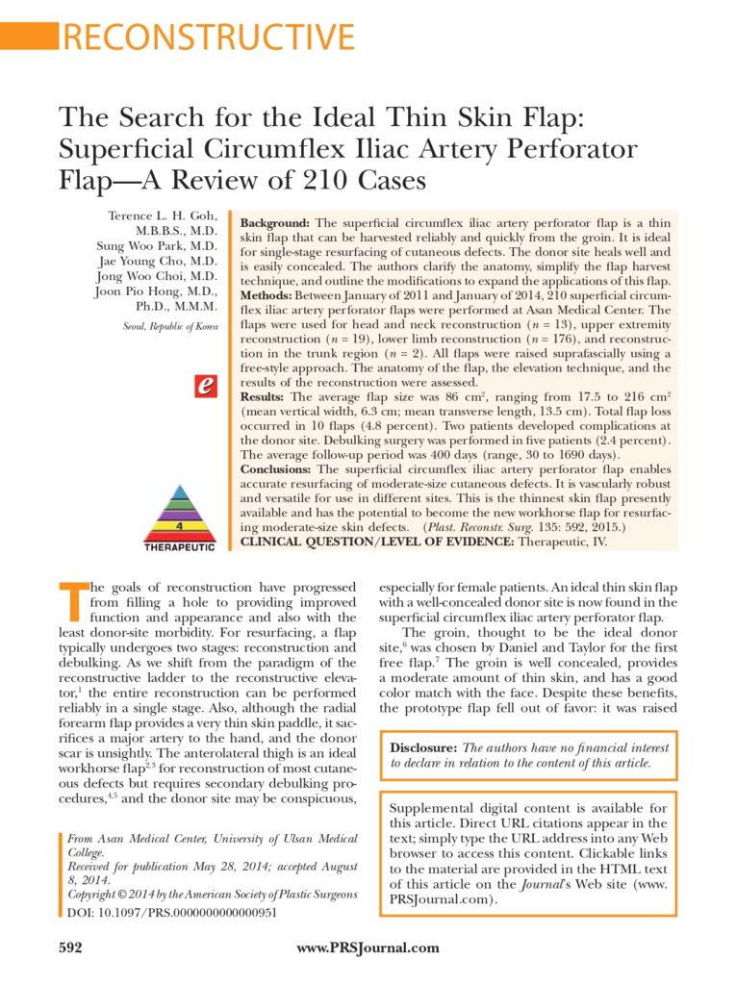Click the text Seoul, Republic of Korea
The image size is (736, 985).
(x=170, y=327)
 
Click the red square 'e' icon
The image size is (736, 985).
(x=204, y=386)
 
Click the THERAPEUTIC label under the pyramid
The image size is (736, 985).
(x=179, y=546)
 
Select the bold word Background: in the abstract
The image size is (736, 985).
(x=274, y=222)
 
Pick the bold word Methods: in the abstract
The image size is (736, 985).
(x=270, y=295)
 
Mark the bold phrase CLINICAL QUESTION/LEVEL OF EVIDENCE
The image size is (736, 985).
(x=377, y=543)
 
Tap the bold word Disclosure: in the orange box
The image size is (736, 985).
(x=423, y=747)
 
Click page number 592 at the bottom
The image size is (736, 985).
(x=71, y=947)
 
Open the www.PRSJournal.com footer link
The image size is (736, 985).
(x=368, y=947)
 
